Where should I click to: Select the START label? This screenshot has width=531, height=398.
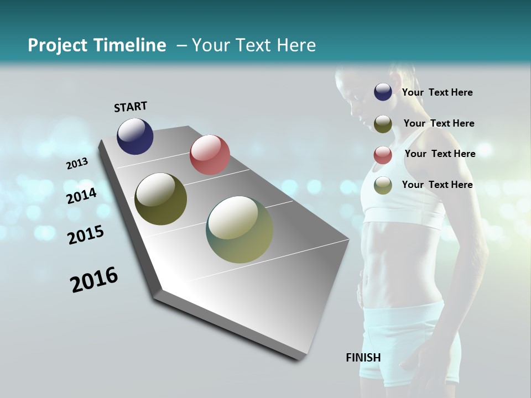131,107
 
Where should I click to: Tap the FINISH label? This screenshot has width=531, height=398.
363,358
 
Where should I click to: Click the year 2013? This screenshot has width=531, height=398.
77,163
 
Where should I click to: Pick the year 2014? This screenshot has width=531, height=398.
81,196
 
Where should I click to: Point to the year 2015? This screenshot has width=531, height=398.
86,235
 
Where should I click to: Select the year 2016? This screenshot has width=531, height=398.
94,280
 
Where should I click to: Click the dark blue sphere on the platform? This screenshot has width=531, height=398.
135,136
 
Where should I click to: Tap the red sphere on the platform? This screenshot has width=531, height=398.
210,155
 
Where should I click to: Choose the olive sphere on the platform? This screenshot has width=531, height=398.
160,199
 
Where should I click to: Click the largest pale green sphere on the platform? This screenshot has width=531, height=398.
240,229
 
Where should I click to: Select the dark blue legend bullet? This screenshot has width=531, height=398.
383,92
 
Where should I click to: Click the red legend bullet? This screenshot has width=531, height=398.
383,155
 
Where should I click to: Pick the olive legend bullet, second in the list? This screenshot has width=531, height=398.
383,124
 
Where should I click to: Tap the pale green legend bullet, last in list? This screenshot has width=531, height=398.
383,185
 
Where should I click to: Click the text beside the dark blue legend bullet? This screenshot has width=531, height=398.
437,92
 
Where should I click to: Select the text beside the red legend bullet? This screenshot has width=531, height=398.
440,154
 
